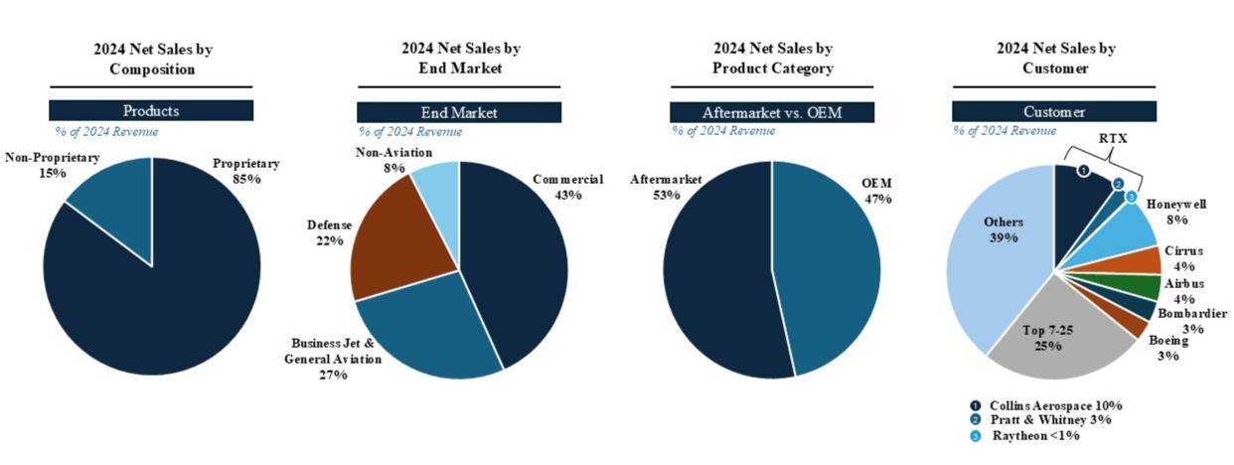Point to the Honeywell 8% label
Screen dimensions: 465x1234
tap(1178, 212)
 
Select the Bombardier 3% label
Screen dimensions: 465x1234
tap(1192, 321)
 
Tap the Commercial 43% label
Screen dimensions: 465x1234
tap(567, 187)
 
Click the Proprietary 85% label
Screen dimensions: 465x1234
tap(246, 171)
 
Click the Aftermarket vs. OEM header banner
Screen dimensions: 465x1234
tap(771, 112)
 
